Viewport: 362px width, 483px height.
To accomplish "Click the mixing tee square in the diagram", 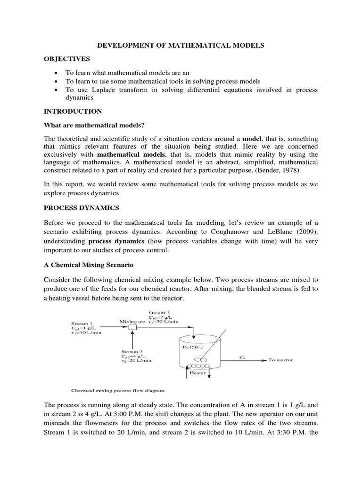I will point(133,326).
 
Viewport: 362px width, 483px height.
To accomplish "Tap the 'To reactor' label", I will point(280,360).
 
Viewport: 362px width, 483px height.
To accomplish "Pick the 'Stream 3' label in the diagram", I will point(157,312).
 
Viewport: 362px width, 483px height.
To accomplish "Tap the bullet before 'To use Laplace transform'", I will point(57,90).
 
